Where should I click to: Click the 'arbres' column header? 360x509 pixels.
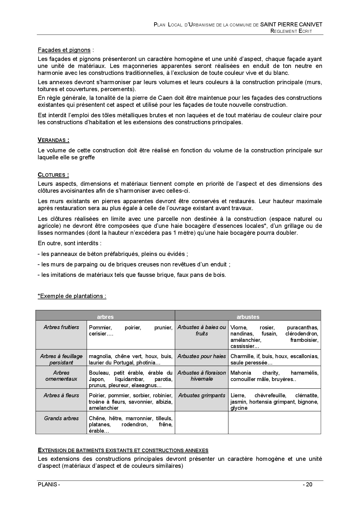coord(105,317)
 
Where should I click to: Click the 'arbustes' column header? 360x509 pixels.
coord(248,317)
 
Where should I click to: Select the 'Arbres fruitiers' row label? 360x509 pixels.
coord(61,327)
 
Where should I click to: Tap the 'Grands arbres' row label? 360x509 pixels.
coord(61,418)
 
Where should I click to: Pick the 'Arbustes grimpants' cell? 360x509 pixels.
coord(201,395)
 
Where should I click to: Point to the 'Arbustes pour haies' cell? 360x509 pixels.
coord(201,356)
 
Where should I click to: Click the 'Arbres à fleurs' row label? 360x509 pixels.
coord(61,395)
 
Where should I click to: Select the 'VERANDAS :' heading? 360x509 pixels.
coord(53,140)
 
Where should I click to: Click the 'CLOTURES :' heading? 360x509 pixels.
coord(53,175)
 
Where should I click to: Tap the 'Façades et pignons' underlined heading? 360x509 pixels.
coord(64,50)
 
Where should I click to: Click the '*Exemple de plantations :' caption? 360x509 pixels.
coord(72,296)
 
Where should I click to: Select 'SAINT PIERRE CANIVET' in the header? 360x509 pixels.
coord(291,25)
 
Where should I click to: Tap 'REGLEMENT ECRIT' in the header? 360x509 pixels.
coord(291,31)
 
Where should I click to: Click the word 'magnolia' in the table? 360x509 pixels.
coord(100,356)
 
